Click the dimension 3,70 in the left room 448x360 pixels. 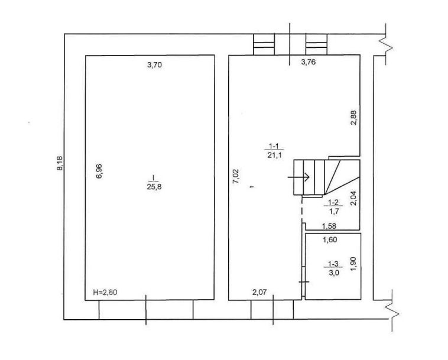(x=154, y=65)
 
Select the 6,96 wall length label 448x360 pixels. (x=99, y=171)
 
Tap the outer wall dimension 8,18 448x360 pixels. (x=60, y=163)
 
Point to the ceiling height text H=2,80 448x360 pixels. (x=105, y=292)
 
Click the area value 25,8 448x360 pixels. (x=154, y=187)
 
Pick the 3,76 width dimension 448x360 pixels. (x=309, y=62)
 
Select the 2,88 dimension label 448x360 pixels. (x=353, y=118)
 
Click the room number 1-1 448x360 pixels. (x=274, y=146)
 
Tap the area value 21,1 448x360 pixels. (x=275, y=155)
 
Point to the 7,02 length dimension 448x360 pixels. (x=236, y=176)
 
